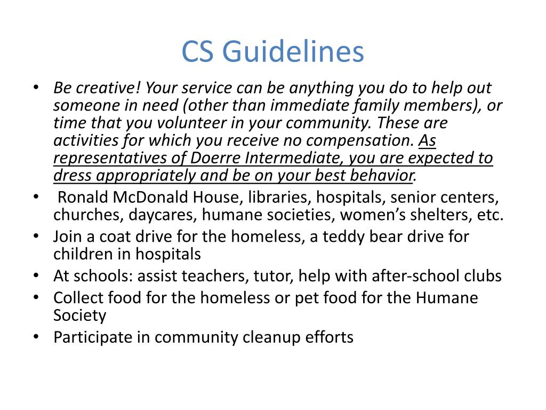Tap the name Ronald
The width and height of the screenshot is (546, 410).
click(83, 198)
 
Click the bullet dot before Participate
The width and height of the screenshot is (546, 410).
click(35, 337)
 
